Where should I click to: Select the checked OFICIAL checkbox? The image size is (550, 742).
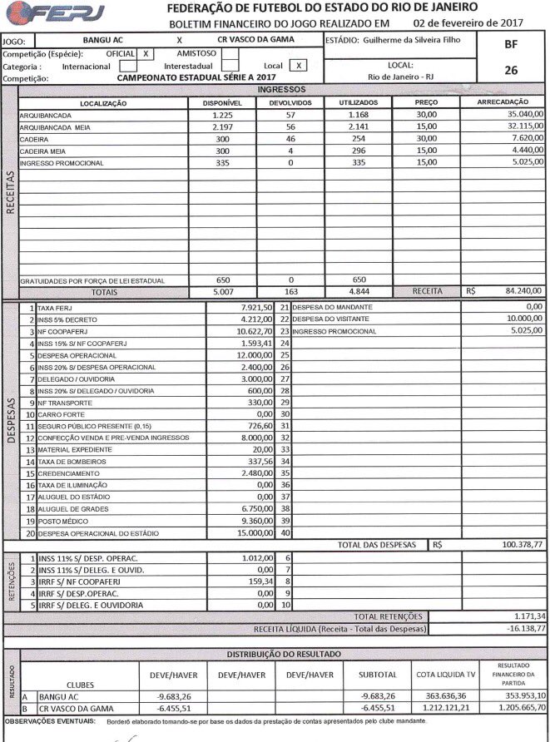click(x=146, y=52)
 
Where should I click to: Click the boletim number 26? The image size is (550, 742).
click(x=511, y=71)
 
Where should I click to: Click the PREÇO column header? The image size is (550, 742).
click(x=427, y=102)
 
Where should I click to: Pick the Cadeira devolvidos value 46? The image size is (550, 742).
click(x=290, y=139)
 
